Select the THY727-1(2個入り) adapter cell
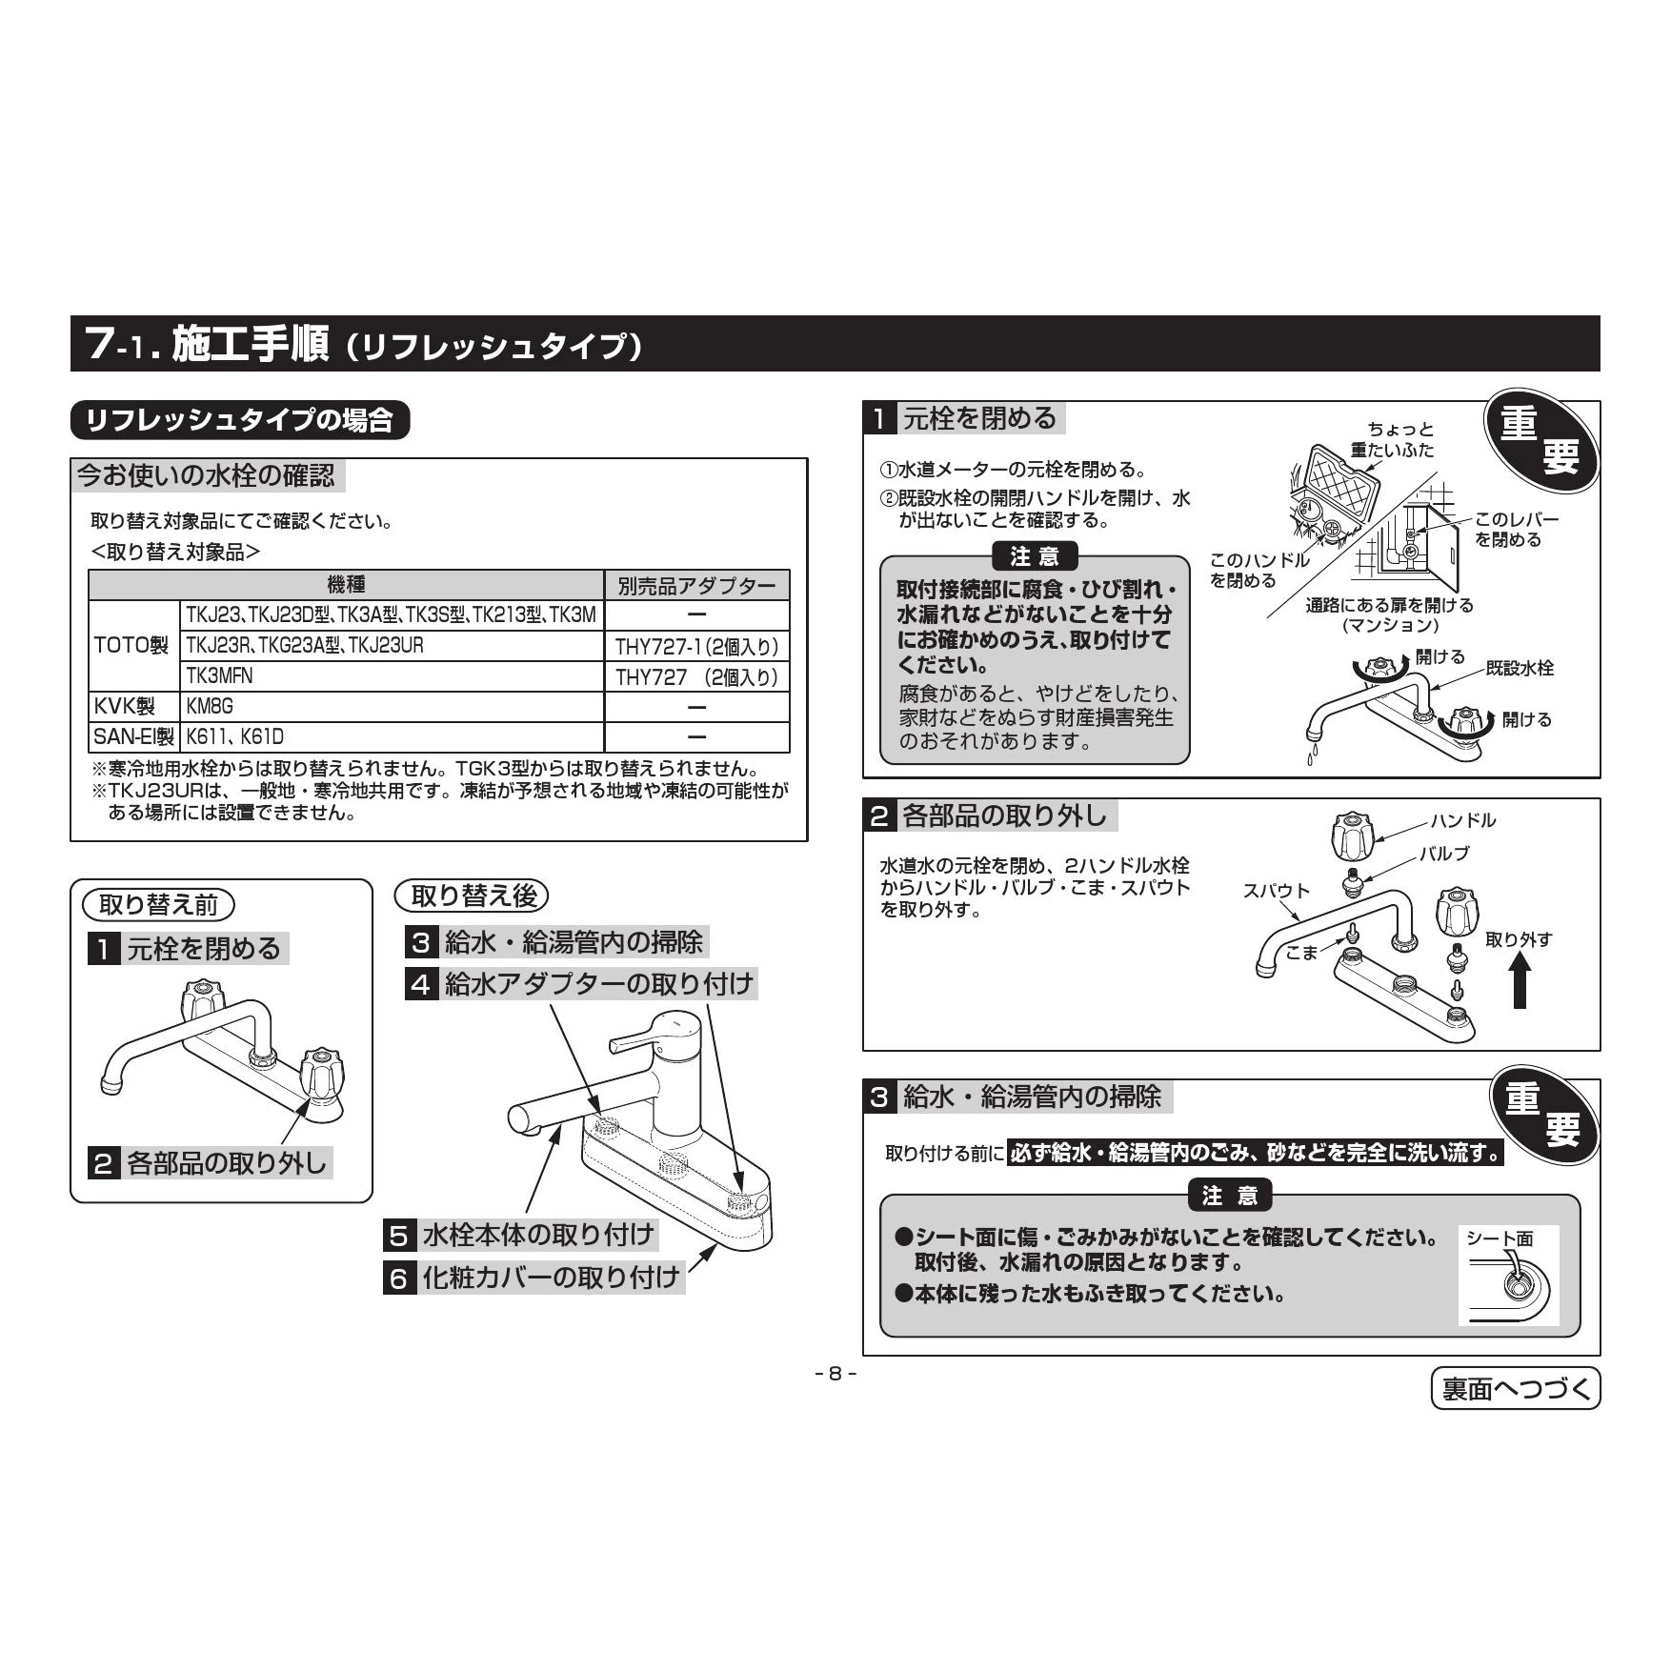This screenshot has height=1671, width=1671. [696, 647]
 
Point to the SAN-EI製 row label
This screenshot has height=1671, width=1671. [134, 737]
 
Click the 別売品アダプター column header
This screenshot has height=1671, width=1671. [696, 585]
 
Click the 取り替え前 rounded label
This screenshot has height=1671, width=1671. [158, 904]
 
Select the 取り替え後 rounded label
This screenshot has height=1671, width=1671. [473, 896]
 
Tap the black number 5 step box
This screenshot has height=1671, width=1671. [398, 1236]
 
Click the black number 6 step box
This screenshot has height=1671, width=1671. [398, 1278]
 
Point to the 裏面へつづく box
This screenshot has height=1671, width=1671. [1516, 1389]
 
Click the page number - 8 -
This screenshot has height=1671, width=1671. [835, 1374]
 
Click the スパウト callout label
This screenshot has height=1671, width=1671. [1277, 891]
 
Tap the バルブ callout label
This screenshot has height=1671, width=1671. [1444, 854]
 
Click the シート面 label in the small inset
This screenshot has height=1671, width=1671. [1500, 1238]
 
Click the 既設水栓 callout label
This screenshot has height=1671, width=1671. [1520, 668]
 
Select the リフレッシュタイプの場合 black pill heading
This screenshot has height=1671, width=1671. [240, 420]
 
